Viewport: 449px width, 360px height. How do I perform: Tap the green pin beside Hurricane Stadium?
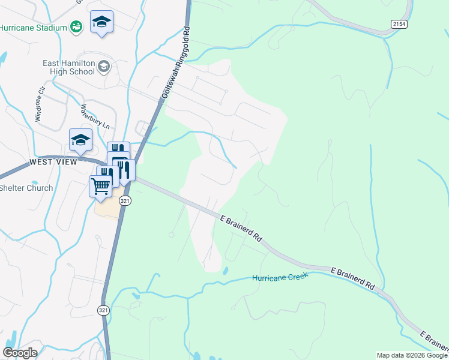(76, 26)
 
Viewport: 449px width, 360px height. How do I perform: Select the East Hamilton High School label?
(68, 67)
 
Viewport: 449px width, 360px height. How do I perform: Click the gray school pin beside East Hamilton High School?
(104, 66)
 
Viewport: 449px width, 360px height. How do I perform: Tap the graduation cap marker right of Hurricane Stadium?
(101, 23)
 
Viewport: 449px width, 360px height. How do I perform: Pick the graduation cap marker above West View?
(80, 140)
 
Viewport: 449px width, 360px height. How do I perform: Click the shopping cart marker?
(100, 185)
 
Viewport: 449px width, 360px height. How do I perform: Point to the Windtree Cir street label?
(41, 106)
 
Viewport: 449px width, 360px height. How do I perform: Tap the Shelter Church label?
(26, 188)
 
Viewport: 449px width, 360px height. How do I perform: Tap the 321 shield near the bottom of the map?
(103, 310)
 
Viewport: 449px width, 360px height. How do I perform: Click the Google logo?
(20, 353)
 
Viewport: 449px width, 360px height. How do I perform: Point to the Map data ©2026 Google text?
(412, 355)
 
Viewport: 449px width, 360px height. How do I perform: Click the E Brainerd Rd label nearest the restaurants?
(241, 229)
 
